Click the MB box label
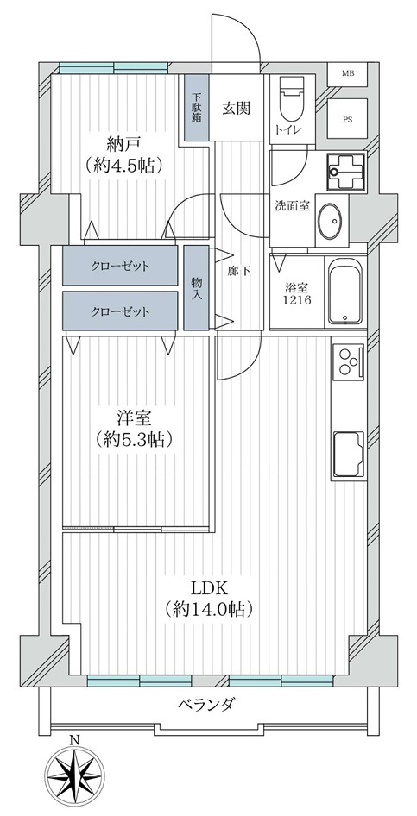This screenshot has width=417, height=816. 348,73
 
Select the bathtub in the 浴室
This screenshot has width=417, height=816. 345,292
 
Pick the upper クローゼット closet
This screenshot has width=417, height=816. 121,267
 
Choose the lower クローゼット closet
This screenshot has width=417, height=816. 121,311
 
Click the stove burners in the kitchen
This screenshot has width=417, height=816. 348,363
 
